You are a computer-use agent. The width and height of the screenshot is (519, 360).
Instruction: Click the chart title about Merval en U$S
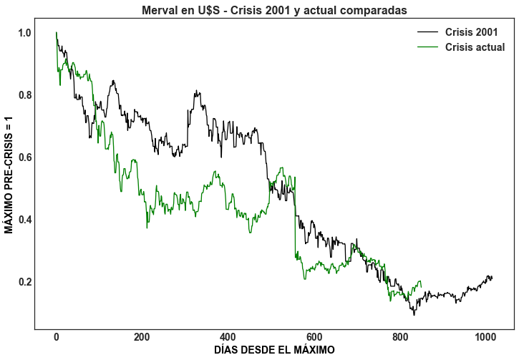pyautogui.click(x=274, y=10)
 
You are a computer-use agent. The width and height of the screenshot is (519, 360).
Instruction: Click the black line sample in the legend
pyautogui.click(x=427, y=32)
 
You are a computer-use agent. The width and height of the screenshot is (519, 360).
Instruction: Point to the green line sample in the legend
pyautogui.click(x=427, y=47)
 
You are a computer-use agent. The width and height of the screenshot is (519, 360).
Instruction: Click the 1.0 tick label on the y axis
pyautogui.click(x=25, y=33)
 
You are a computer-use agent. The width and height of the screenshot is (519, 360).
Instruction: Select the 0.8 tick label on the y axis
pyautogui.click(x=25, y=95)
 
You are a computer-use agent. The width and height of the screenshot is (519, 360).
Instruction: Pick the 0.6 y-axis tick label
pyautogui.click(x=25, y=157)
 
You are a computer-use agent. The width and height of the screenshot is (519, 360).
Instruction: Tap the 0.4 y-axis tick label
pyautogui.click(x=25, y=220)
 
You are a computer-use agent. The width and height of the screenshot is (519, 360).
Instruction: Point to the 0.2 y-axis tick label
pyautogui.click(x=25, y=282)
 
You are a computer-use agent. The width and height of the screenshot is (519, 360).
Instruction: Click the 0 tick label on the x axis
pyautogui.click(x=56, y=337)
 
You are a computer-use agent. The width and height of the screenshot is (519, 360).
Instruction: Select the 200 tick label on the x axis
pyautogui.click(x=142, y=337)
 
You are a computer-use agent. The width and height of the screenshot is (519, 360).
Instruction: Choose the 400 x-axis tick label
pyautogui.click(x=228, y=337)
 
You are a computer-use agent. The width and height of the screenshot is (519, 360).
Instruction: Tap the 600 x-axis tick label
pyautogui.click(x=314, y=337)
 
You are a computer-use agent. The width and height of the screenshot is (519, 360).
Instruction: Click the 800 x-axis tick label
pyautogui.click(x=399, y=337)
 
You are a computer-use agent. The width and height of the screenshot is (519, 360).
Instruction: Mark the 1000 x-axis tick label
pyautogui.click(x=485, y=337)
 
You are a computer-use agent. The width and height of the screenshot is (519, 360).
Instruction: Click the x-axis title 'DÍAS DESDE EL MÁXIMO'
pyautogui.click(x=274, y=350)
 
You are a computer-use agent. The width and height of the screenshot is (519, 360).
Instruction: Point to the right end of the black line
pyautogui.click(x=493, y=277)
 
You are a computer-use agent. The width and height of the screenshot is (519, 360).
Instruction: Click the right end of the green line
pyautogui.click(x=422, y=288)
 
